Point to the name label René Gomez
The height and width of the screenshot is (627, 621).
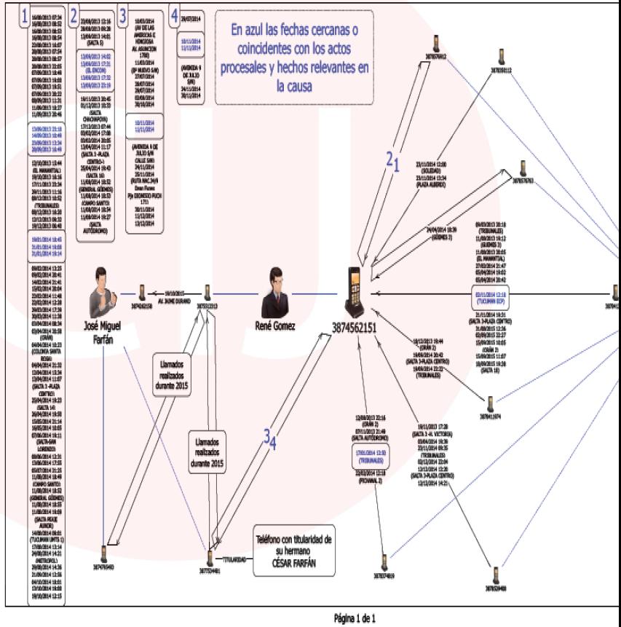pyautogui.click(x=274, y=326)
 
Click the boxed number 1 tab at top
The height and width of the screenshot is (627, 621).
pyautogui.click(x=26, y=15)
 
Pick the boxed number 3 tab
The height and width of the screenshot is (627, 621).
pyautogui.click(x=124, y=15)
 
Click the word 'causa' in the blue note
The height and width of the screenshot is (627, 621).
pyautogui.click(x=299, y=84)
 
